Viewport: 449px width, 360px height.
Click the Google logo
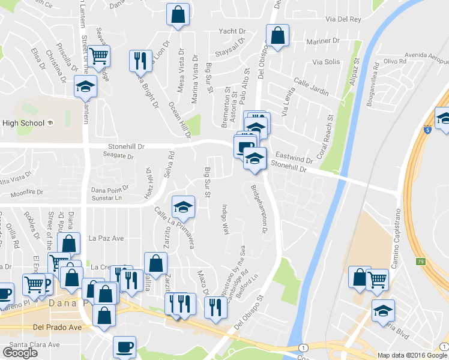pos(20,353)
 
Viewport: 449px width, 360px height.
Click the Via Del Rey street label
pos(343,19)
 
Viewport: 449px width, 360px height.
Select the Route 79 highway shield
pos(420,262)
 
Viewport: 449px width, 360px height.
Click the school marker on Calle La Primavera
pos(183,208)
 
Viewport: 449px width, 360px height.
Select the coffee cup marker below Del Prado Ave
pos(125,347)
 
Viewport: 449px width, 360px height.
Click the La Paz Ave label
pos(106,238)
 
